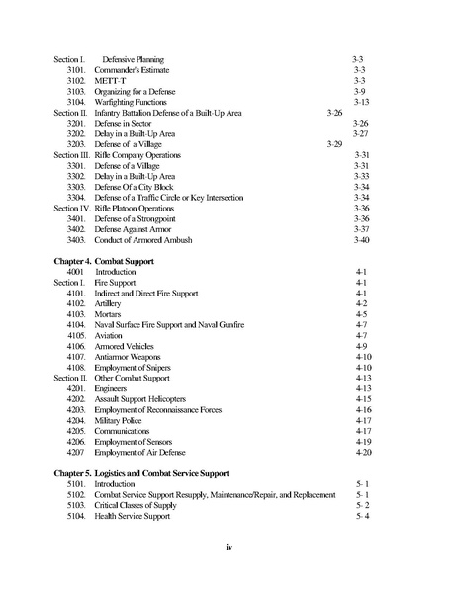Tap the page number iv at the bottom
click(x=229, y=545)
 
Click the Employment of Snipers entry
click(x=138, y=367)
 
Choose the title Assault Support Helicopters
click(x=146, y=399)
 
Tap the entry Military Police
click(x=121, y=420)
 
